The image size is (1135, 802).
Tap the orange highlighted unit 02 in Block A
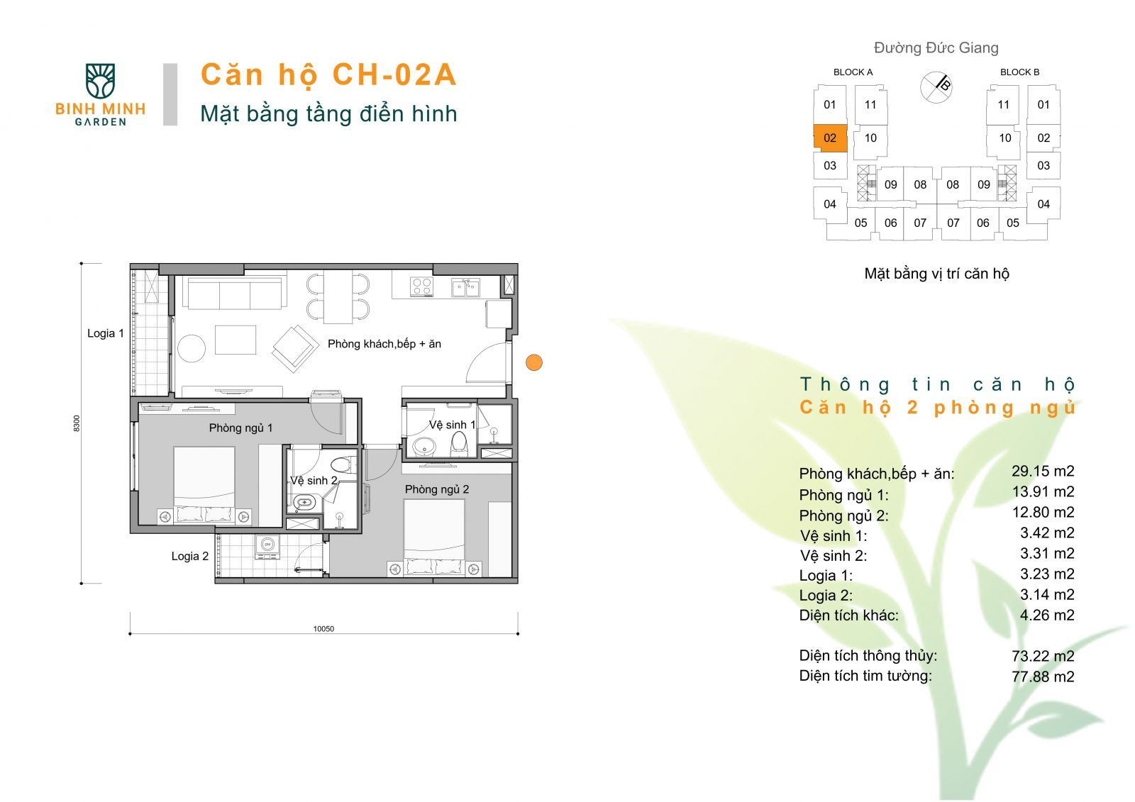coord(830,138)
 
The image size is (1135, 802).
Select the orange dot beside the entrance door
coord(534,362)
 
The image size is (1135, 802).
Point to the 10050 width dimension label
coord(323,628)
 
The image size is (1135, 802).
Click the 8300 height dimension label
coord(77,423)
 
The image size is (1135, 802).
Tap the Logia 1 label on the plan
coord(106,333)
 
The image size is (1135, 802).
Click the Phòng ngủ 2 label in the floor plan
coord(436,489)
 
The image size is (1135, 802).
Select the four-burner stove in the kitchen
coord(421,286)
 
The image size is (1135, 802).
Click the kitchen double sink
coord(465,287)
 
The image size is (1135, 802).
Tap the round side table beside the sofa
coord(192,348)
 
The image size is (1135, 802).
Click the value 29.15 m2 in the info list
coord(1042,471)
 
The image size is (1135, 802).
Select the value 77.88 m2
coord(1042,676)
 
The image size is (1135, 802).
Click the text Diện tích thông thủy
coord(868,656)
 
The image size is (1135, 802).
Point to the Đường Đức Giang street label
coord(936,48)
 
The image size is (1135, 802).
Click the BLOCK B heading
coord(1019,72)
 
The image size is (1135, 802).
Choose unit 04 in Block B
coord(1043,204)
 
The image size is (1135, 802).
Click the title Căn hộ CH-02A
coord(328,75)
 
